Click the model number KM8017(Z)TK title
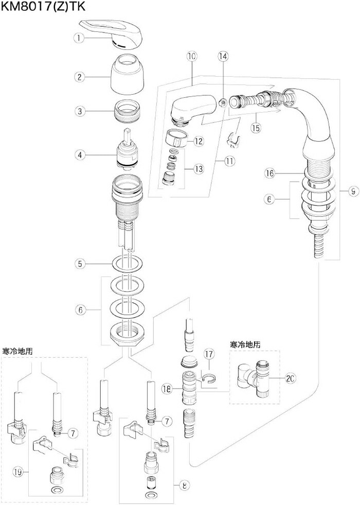point(43,7)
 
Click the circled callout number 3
point(79,111)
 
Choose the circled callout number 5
point(79,264)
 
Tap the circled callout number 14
point(223,55)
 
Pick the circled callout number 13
point(199,168)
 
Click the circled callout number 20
point(290,378)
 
